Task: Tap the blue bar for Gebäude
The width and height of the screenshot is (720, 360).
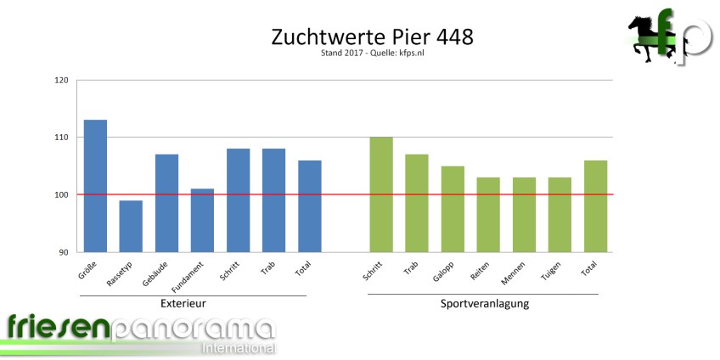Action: point(166,203)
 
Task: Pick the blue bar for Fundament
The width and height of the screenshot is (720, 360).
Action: point(202,220)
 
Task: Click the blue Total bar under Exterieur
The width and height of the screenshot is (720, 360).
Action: point(309,205)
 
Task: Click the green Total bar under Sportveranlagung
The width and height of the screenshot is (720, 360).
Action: point(595,205)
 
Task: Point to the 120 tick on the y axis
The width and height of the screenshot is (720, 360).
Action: point(61,81)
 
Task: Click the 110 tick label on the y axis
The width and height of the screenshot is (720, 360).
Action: point(61,138)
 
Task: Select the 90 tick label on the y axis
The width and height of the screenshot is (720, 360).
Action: point(64,252)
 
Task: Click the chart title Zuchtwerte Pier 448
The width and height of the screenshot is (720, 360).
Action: point(371,38)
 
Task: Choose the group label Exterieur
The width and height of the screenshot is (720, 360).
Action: point(183,303)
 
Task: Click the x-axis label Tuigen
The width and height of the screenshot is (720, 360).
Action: point(552,272)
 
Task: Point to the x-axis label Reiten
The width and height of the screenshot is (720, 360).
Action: point(481,272)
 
